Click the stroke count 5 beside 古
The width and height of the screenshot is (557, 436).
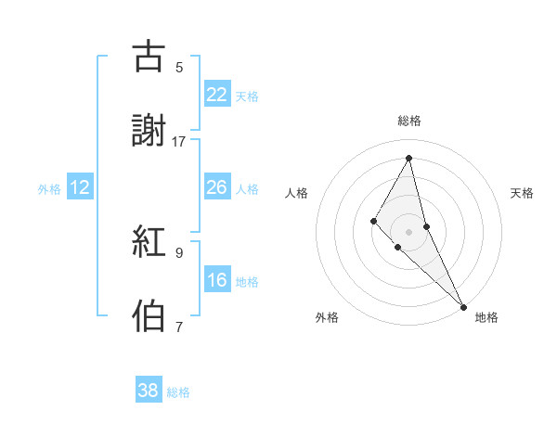tap(179, 67)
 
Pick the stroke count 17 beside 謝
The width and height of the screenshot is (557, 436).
tap(179, 142)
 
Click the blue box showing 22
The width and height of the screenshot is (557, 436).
tap(217, 94)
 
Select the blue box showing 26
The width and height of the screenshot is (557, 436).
tap(217, 187)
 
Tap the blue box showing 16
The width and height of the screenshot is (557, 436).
tap(217, 280)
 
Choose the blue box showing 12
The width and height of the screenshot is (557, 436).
tap(80, 187)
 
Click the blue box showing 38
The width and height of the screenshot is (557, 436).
tap(149, 391)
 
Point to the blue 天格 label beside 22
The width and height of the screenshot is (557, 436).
tap(247, 96)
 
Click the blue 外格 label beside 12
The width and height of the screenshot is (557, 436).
tap(49, 189)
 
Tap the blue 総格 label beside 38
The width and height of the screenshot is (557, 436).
tap(178, 392)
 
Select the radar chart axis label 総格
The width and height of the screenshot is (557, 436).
tap(409, 121)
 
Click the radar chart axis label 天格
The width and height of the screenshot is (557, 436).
tap(523, 193)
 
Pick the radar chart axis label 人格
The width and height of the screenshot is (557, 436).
tap(296, 193)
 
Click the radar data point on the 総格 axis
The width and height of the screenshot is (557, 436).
tap(409, 158)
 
